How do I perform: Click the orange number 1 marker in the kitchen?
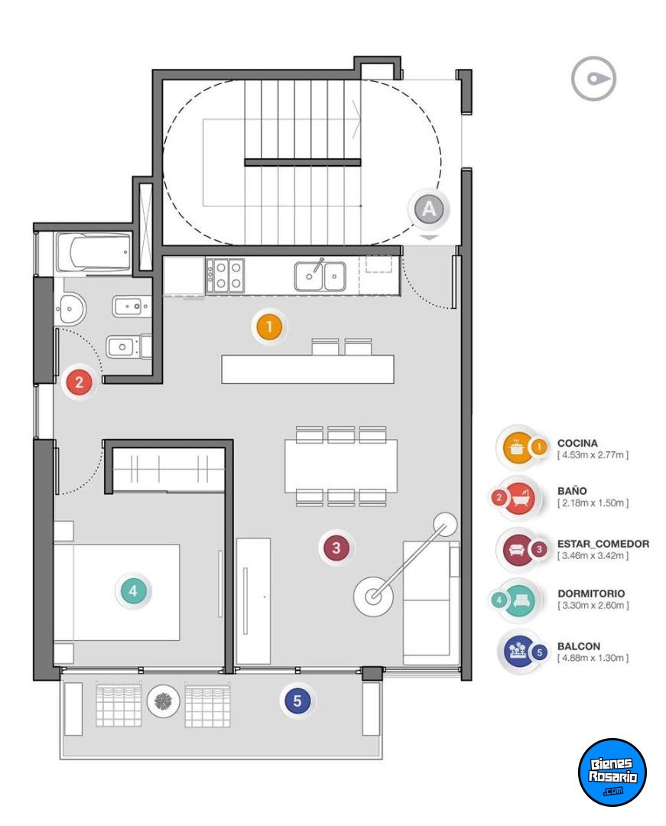(269, 327)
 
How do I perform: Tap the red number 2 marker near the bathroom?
(79, 382)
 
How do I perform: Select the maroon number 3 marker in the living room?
(336, 548)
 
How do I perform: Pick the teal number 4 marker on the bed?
(133, 590)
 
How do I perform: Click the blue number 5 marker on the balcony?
(297, 701)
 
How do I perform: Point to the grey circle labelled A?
(429, 209)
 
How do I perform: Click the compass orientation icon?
(593, 79)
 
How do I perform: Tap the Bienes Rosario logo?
(612, 772)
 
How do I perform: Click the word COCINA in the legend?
(577, 444)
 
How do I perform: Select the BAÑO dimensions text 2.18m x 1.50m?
(593, 503)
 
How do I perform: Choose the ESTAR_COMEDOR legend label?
(603, 544)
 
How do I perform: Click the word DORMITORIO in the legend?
(591, 593)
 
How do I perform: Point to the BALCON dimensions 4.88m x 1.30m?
(593, 658)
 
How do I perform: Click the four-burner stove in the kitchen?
(225, 275)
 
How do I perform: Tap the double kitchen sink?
(320, 275)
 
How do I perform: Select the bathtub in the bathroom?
(93, 254)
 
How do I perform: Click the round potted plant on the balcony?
(164, 701)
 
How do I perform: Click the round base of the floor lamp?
(373, 597)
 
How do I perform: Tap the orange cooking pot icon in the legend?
(516, 448)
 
